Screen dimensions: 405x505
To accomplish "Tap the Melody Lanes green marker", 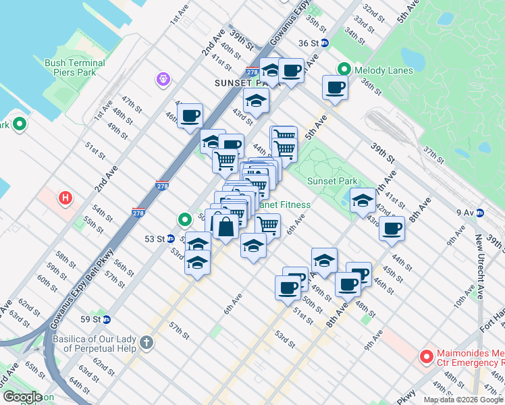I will tap(344, 70).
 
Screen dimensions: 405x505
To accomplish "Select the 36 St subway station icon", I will tap(324, 43).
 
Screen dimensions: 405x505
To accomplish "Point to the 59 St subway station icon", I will tap(107, 319).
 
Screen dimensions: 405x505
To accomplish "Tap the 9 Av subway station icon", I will tap(480, 213).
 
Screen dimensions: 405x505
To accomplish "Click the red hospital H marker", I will tap(65, 198).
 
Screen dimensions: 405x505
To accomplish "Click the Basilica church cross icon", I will tap(147, 343).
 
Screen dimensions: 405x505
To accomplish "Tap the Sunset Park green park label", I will tap(332, 181).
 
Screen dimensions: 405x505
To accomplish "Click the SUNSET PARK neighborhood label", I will tap(237, 82).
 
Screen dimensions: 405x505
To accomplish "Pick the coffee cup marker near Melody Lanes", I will tap(335, 86).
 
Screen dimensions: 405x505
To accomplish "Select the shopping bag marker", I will tap(227, 225).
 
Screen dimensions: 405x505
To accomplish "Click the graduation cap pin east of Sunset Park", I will tap(363, 200).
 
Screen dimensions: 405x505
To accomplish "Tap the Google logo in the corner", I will tap(22, 398).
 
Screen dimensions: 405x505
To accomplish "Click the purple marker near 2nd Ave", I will tap(163, 80).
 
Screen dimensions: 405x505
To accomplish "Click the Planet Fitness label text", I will tap(285, 205).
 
